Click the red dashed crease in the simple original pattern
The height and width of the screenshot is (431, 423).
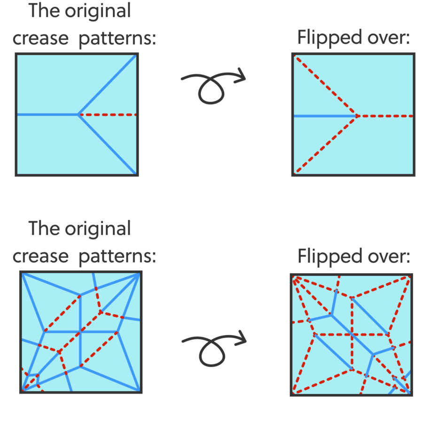(108, 114)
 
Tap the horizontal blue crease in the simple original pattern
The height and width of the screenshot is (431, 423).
(47, 114)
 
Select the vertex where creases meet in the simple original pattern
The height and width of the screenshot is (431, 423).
(78, 114)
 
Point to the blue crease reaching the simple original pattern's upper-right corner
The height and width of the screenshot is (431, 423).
(108, 85)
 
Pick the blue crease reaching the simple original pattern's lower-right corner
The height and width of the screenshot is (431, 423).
(108, 144)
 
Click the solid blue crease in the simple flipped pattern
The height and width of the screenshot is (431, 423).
(324, 115)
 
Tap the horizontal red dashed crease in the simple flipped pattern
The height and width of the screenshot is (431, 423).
(385, 115)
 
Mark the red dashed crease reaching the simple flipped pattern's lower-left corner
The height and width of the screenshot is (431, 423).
(325, 144)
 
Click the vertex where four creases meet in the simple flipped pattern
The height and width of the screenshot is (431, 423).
(357, 115)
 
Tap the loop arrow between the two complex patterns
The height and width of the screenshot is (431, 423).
(213, 348)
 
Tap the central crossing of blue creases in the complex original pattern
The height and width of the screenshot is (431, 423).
(81, 332)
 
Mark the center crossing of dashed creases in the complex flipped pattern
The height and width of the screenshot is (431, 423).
(352, 335)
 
